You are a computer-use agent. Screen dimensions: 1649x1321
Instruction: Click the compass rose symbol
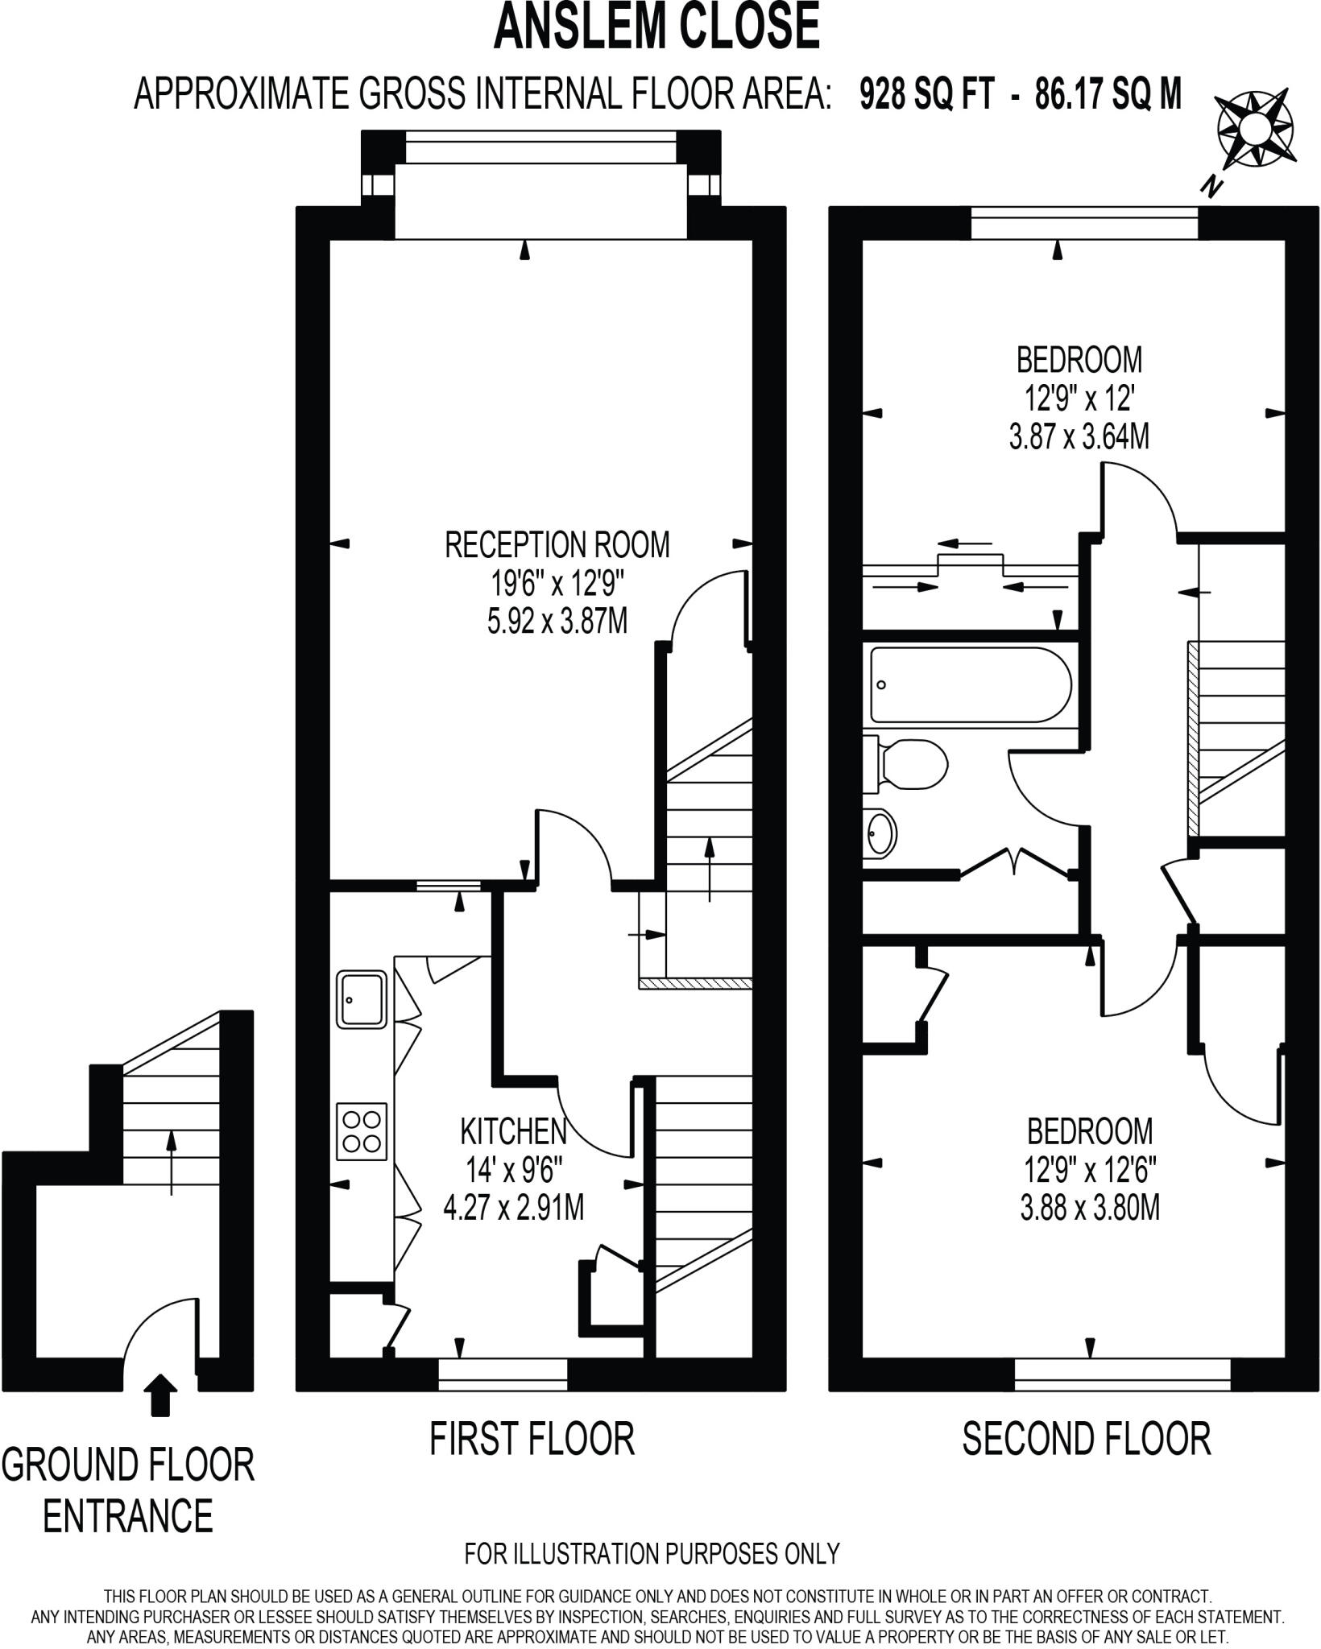(1255, 129)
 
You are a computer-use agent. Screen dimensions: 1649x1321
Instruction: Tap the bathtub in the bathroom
(970, 685)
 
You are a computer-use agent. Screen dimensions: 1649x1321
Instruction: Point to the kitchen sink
(361, 999)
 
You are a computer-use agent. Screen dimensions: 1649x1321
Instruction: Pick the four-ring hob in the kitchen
(361, 1131)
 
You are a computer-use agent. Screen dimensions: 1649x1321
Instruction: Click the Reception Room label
(557, 545)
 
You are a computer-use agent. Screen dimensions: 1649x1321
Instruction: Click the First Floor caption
(532, 1439)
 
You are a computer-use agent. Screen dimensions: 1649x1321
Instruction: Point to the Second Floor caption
(1086, 1439)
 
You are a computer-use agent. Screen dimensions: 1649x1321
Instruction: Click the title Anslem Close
(656, 26)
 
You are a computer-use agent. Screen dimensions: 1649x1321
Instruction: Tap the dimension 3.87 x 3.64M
(1079, 437)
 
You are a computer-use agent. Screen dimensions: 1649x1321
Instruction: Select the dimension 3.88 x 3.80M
(1089, 1209)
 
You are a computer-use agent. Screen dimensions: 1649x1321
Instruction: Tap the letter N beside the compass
(1210, 188)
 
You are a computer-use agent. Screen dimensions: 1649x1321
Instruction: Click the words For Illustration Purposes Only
(652, 1552)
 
